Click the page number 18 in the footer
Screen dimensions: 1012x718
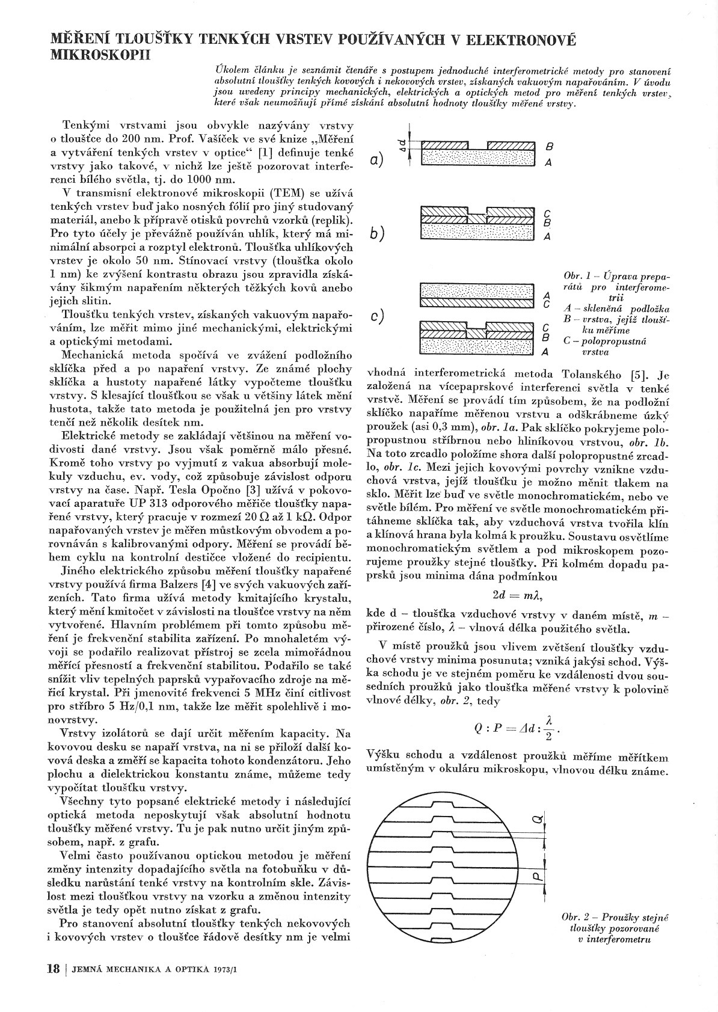(x=53, y=969)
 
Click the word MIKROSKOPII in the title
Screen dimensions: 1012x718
(x=100, y=54)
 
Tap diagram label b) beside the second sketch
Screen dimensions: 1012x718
(x=377, y=233)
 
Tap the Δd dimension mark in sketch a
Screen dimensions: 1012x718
(x=402, y=145)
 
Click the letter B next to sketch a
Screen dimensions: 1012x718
(x=548, y=146)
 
